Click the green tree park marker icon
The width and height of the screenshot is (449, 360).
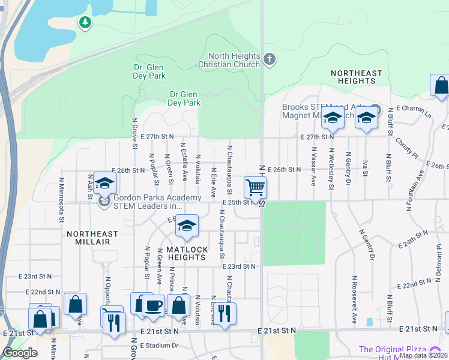tap(85, 23)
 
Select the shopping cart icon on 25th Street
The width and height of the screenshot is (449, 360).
tap(256, 187)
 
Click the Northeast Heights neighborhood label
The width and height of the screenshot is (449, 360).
tap(356, 77)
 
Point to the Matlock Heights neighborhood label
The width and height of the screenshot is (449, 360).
tap(187, 253)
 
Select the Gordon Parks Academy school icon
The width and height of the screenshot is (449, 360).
tap(104, 184)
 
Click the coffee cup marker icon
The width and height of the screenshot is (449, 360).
tap(154, 305)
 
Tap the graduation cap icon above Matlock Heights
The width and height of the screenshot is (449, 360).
tap(187, 226)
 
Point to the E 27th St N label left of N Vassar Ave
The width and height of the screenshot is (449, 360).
tap(317, 137)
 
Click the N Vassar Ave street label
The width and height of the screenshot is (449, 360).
tap(313, 168)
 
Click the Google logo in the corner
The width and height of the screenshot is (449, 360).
tap(20, 353)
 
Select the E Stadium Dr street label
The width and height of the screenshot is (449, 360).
tap(159, 346)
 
